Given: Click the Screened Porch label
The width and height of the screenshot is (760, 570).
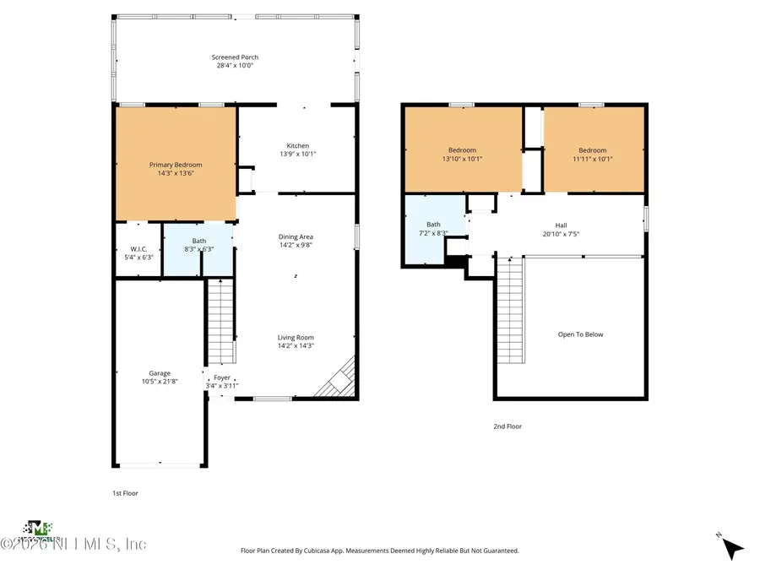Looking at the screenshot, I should (x=235, y=57).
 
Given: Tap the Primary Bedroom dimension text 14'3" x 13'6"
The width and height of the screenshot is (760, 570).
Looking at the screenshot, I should (x=176, y=173).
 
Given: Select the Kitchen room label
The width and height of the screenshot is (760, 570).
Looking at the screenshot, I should (x=297, y=146).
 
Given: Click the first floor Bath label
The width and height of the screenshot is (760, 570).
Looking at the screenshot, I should (x=199, y=241).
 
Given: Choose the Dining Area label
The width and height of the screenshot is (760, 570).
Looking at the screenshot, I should (x=296, y=236).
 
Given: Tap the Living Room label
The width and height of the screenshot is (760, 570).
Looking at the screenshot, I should (x=296, y=338).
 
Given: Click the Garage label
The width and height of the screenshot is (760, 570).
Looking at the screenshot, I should (x=160, y=373).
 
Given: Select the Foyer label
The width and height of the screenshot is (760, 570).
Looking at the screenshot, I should (x=222, y=377).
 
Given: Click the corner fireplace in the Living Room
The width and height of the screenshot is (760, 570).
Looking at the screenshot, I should (x=338, y=380).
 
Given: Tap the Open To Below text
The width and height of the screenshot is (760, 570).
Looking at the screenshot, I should (x=580, y=334).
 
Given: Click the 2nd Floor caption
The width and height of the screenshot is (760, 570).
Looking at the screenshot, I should (x=508, y=426).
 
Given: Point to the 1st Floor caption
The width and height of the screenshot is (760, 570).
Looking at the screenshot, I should (x=125, y=493).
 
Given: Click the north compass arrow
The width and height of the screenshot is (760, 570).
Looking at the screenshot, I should (x=733, y=548).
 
